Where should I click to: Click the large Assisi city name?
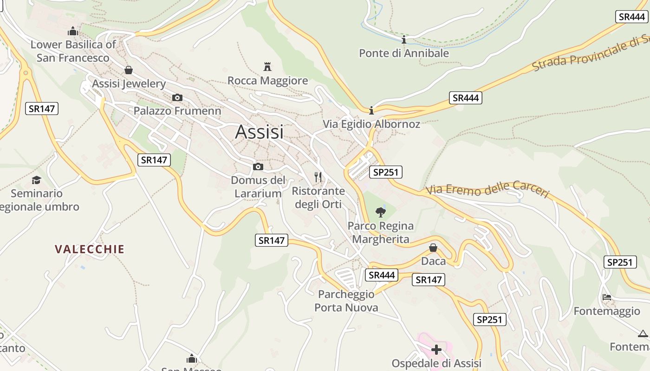coord(259,132)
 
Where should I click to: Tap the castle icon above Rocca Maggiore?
coord(267,66)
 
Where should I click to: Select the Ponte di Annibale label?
coord(404,53)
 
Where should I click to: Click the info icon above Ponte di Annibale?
coord(404,40)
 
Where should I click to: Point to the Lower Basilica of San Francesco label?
coord(73,51)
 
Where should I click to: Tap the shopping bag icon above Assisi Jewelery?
coord(129,70)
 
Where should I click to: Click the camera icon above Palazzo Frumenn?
coord(177,97)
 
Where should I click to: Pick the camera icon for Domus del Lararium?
coord(258,166)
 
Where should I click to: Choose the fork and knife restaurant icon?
coord(318,177)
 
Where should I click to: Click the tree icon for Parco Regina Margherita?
coord(381,212)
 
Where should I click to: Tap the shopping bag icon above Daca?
coord(433,248)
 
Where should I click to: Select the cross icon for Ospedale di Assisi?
coord(436,349)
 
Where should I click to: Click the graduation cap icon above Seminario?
coord(36,180)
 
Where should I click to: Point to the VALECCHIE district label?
coord(90,249)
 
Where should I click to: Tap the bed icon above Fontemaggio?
coord(606,297)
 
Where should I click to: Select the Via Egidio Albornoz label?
coord(371,124)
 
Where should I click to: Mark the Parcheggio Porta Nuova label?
coord(346,301)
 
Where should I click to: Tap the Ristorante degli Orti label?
coord(318,198)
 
